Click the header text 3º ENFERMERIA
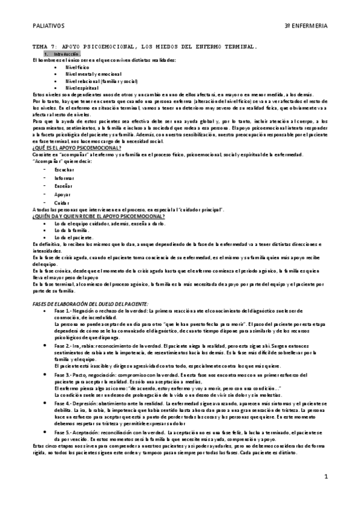tap(306, 26)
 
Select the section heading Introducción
tap(66, 54)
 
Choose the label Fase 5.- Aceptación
tap(87, 433)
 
